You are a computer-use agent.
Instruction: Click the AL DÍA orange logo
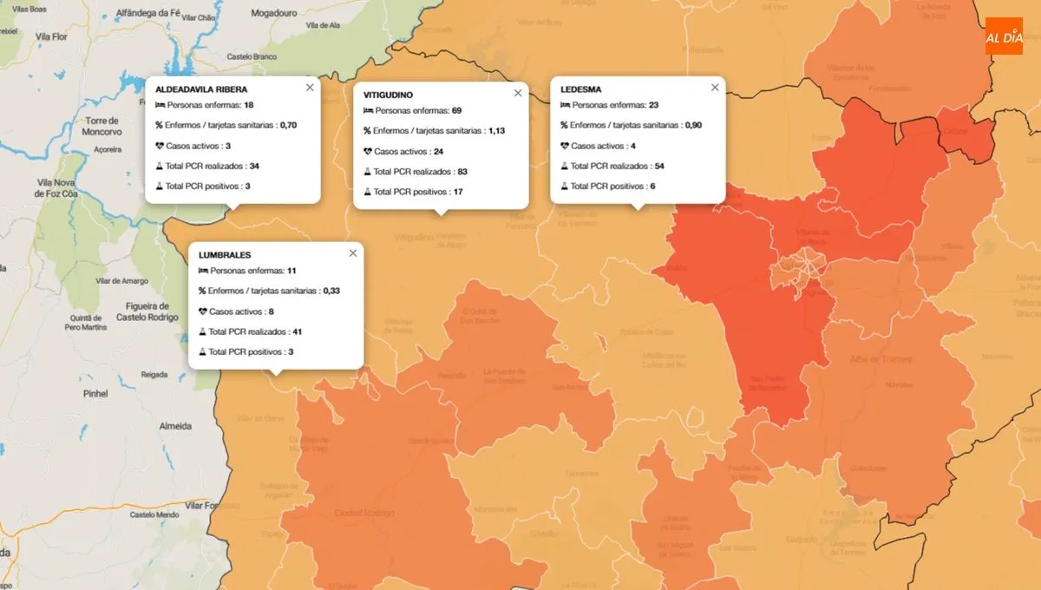pos(1004,36)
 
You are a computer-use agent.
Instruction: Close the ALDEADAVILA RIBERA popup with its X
pos(310,88)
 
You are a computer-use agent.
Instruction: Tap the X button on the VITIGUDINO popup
pos(518,93)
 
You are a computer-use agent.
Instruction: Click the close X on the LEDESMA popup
pos(715,88)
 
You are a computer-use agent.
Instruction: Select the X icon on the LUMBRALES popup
pos(353,253)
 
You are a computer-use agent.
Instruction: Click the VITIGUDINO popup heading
pos(388,95)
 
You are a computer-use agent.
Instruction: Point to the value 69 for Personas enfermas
pos(456,111)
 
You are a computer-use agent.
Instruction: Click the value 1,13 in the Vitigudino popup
pos(496,131)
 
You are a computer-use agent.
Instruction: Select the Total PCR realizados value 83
pos(462,171)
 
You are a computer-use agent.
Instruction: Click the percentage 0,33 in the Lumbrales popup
pos(331,291)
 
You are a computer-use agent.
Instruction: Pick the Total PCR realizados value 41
pos(298,331)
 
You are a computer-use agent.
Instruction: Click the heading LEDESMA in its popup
pos(580,88)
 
